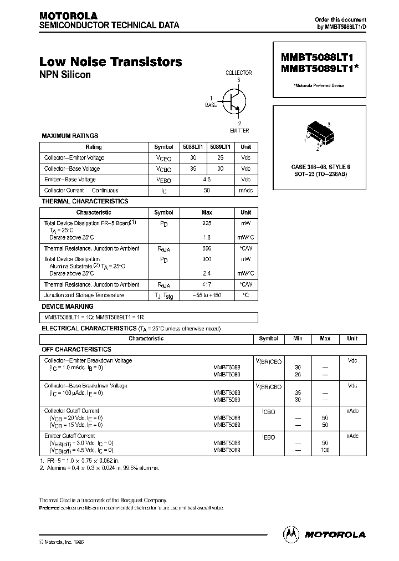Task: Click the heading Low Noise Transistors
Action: point(111,62)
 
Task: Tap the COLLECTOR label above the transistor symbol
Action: point(238,73)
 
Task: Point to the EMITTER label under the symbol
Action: point(239,130)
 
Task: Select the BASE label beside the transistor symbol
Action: point(211,104)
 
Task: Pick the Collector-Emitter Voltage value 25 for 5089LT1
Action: point(222,158)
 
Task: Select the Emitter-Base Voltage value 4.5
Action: point(207,180)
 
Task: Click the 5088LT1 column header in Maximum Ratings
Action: point(193,147)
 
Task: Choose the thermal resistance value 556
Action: point(207,249)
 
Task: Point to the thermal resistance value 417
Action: point(207,284)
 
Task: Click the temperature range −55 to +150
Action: point(207,295)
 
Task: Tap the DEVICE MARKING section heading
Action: point(68,306)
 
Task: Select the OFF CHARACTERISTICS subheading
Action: point(76,350)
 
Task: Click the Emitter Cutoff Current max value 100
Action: point(325,450)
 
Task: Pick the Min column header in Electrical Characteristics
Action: point(298,339)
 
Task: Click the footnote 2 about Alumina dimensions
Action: point(100,468)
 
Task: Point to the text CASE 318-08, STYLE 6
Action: point(320,167)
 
